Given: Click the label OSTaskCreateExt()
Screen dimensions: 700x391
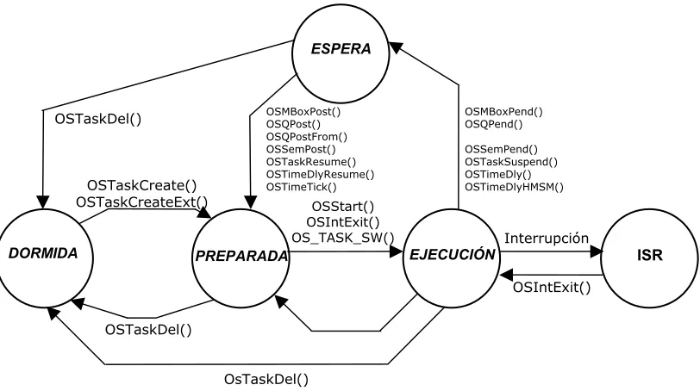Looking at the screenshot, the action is (x=142, y=202).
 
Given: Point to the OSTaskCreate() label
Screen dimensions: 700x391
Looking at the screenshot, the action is (x=141, y=185).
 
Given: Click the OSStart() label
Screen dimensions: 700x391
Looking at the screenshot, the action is (x=343, y=207).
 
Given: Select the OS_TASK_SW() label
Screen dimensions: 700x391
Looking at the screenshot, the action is (x=343, y=238).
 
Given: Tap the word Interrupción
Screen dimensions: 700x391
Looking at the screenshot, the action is (x=547, y=239).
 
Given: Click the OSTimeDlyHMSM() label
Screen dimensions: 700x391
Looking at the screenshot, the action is (x=515, y=187).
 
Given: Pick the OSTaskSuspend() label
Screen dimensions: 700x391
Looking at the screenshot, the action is (x=511, y=162).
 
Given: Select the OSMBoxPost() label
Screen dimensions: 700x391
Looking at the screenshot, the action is (x=303, y=111).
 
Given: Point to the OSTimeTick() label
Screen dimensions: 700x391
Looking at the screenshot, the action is (x=302, y=187).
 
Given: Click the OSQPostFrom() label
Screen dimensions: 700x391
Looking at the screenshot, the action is (x=307, y=136).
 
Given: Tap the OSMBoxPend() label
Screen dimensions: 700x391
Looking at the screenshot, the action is (x=504, y=111).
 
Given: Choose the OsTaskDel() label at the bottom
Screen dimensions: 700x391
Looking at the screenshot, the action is (x=266, y=380).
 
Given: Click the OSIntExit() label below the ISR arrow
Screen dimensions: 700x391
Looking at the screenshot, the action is (x=552, y=287).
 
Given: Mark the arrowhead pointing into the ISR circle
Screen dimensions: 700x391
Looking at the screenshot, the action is (x=597, y=251).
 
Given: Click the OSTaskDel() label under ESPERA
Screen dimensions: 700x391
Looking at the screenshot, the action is (x=98, y=119).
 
